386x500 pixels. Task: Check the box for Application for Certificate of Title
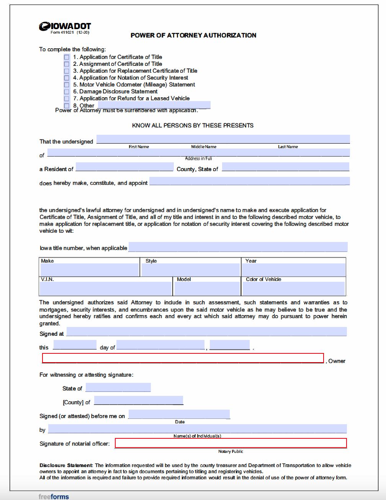click(x=67, y=57)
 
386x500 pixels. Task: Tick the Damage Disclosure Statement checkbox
click(x=67, y=92)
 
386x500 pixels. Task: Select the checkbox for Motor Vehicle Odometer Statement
click(x=67, y=85)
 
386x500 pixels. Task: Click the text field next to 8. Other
click(x=154, y=105)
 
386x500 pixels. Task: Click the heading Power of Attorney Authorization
click(x=193, y=35)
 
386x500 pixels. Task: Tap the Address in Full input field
click(x=198, y=152)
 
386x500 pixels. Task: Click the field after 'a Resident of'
click(x=124, y=167)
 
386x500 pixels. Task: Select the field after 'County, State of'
click(x=285, y=167)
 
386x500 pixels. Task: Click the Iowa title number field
click(x=238, y=247)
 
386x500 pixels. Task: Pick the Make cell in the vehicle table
click(x=90, y=270)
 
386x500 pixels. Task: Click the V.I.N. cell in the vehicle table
click(x=106, y=288)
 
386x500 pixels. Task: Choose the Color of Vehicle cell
click(x=294, y=288)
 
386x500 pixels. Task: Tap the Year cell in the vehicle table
click(x=294, y=270)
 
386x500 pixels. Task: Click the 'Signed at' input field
click(x=206, y=332)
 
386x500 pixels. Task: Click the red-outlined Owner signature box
click(x=183, y=358)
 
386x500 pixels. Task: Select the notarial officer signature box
click(x=231, y=443)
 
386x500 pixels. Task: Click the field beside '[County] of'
click(x=138, y=400)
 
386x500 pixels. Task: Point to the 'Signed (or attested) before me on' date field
click(x=179, y=414)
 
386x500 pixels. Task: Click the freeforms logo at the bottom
click(x=54, y=497)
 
